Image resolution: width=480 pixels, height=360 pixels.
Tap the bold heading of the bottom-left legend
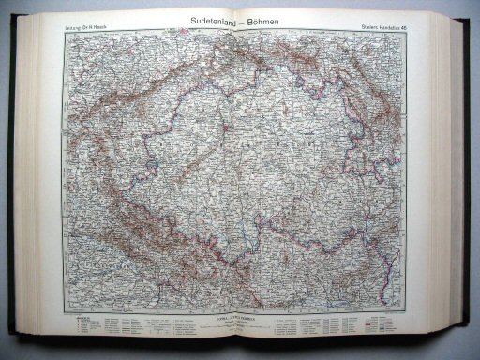pos(81,318)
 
